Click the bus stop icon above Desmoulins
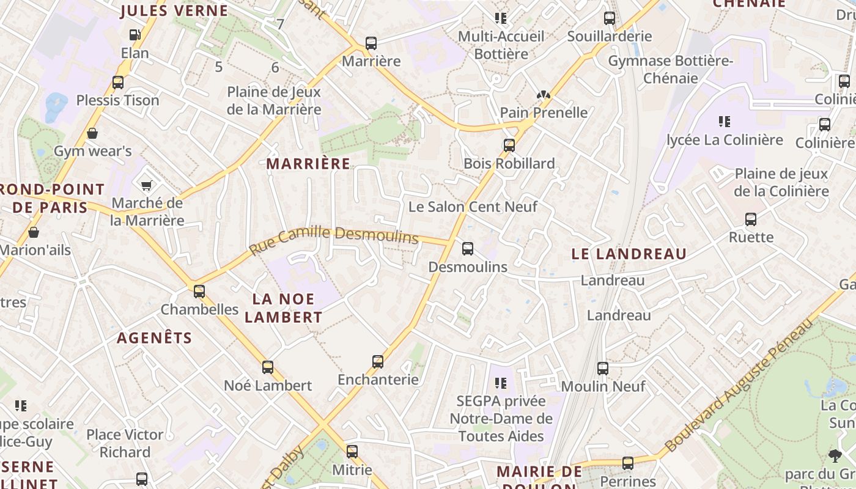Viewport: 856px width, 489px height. pos(468,248)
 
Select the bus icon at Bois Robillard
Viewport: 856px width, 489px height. pos(509,145)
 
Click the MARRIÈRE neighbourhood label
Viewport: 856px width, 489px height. pos(309,164)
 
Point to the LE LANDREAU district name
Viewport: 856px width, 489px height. pos(629,254)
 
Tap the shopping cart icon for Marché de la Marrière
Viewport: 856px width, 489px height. pos(146,185)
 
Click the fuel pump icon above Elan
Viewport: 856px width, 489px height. pos(135,35)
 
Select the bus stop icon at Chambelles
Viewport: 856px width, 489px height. pos(199,291)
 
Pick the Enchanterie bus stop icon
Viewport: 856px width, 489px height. pos(378,361)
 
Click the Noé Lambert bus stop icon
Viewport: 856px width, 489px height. pos(268,367)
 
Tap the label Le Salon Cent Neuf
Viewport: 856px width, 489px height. pos(473,207)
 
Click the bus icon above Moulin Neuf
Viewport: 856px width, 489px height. pos(603,368)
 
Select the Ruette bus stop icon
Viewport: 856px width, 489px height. pos(751,219)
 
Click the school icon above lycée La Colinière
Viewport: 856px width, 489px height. pos(725,122)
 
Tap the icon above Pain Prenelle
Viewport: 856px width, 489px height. pos(544,95)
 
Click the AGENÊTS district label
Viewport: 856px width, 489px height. pos(154,338)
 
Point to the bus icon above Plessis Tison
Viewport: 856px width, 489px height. pos(118,82)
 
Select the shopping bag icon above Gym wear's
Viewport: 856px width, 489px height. pos(92,133)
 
